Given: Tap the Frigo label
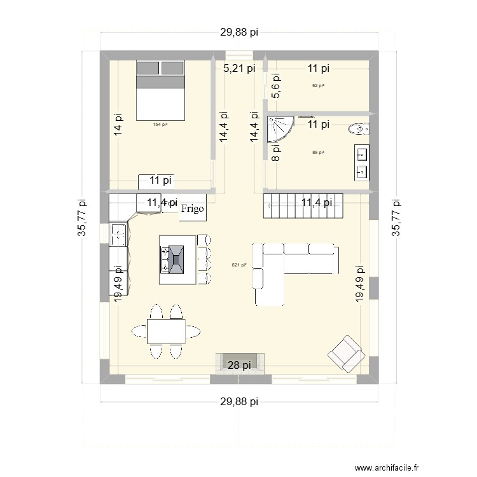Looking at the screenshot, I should coord(193,209).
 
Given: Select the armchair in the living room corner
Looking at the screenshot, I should coord(344,352).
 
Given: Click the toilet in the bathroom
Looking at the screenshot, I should coord(357,130).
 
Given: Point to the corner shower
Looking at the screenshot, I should coord(279,128).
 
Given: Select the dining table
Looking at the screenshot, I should coord(166,331).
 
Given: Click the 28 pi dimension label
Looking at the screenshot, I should coord(239,365).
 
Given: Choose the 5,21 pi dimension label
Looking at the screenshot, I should coord(239,68).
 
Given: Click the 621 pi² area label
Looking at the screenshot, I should coord(239,265).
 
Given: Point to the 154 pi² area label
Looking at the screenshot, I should coord(160,125).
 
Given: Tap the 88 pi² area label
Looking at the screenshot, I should coord(319,153).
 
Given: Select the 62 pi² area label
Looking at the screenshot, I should coord(319,86).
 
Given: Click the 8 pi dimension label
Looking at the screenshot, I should coord(275,153).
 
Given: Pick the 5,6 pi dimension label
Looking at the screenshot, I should coord(275,90).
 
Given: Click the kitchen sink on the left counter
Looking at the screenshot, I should coord(118,234).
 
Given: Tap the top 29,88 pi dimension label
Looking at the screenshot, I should coord(239,34).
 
